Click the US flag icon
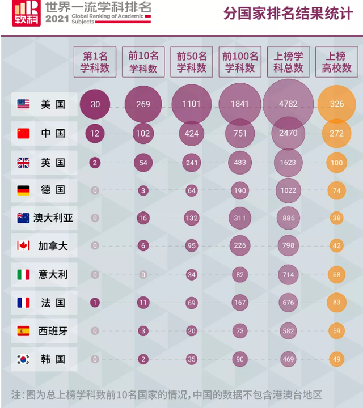click(x=23, y=104)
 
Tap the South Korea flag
click(x=23, y=359)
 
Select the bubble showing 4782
click(x=288, y=104)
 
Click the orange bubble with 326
click(x=337, y=104)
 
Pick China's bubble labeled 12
click(x=95, y=133)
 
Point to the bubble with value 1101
click(x=192, y=104)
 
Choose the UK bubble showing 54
click(x=143, y=163)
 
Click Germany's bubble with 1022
click(x=288, y=190)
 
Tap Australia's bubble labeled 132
click(x=192, y=218)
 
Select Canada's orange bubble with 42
click(x=337, y=246)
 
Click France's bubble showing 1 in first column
click(x=95, y=303)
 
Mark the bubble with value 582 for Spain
click(x=288, y=330)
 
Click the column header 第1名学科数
click(x=95, y=62)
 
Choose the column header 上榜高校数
click(x=337, y=62)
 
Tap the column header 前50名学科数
click(x=192, y=62)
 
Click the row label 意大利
click(x=53, y=274)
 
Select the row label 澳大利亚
click(x=53, y=218)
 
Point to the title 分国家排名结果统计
click(x=288, y=14)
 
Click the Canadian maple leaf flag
click(x=23, y=246)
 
